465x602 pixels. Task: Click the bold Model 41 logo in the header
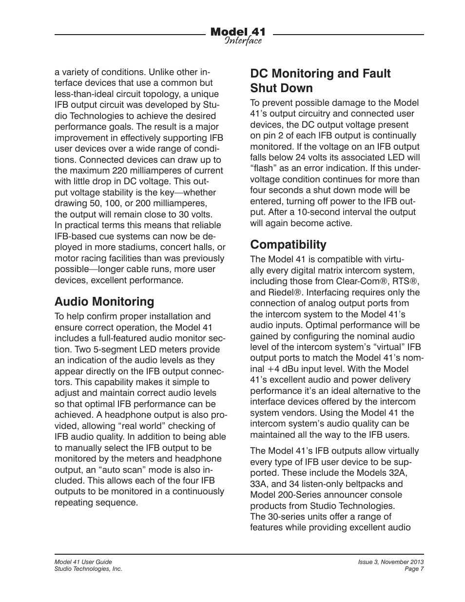[x=238, y=32]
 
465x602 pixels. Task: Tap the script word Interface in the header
[x=243, y=41]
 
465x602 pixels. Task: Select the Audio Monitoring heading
[x=104, y=302]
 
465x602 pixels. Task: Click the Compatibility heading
[x=288, y=244]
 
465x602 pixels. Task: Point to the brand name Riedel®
[x=285, y=292]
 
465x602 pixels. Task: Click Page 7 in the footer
[x=414, y=569]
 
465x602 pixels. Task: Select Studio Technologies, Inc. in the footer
[x=88, y=569]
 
